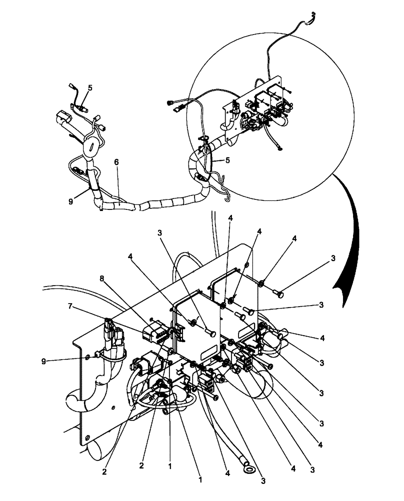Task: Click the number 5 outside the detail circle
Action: point(90,87)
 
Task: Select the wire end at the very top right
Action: point(312,14)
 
